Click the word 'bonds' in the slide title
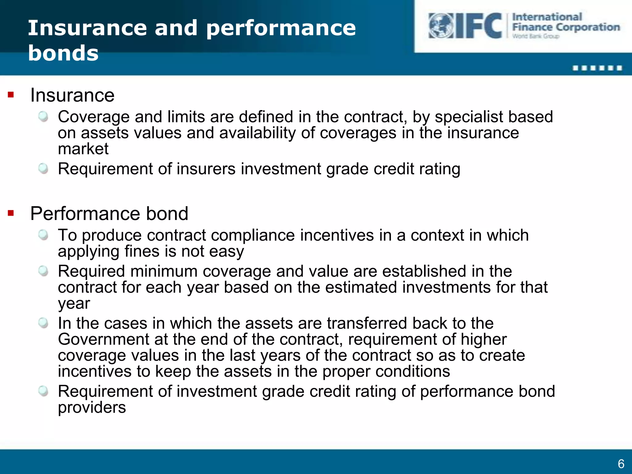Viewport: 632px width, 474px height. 63,53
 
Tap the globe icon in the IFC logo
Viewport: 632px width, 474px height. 441,26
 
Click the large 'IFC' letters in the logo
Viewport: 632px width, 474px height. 479,26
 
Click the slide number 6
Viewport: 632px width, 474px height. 621,464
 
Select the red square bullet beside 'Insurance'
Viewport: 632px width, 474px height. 11,95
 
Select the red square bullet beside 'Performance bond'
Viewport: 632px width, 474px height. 11,213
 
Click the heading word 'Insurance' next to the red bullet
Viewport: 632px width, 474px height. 72,95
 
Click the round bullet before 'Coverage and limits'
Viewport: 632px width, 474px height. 43,117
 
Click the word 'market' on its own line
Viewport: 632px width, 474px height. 83,149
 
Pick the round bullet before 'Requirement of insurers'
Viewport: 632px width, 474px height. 43,168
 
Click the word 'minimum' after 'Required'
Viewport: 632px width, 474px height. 164,272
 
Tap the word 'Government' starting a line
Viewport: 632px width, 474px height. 103,339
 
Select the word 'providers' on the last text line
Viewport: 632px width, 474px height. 92,408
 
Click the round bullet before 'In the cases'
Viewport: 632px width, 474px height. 43,323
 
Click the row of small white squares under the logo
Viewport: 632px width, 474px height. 597,68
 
